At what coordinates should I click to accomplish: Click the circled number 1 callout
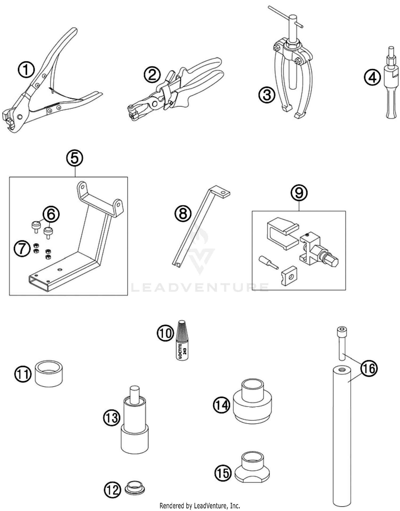click(x=26, y=70)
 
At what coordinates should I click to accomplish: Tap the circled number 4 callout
click(x=372, y=78)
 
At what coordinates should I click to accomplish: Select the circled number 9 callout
click(x=299, y=193)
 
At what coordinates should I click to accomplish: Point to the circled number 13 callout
click(x=112, y=417)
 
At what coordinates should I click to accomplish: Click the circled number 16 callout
click(x=369, y=368)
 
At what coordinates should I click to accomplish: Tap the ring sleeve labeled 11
click(x=49, y=373)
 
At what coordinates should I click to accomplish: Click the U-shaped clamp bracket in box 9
click(x=281, y=233)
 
